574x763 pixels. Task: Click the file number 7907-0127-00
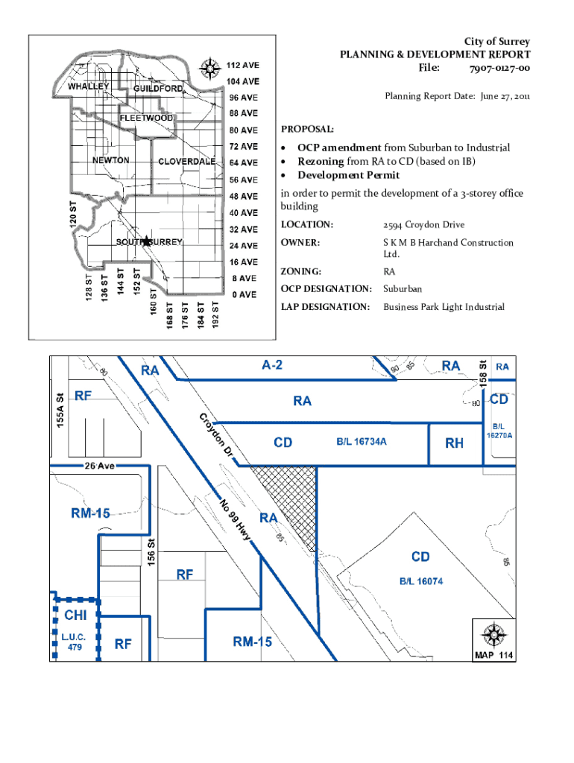click(x=499, y=69)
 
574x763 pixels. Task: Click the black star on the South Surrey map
click(x=146, y=241)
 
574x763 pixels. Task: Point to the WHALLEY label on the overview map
click(x=89, y=86)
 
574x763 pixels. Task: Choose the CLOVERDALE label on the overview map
click(x=187, y=162)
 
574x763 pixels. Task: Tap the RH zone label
click(x=454, y=443)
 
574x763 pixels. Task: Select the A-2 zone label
click(x=272, y=365)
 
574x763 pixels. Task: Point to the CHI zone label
click(x=75, y=615)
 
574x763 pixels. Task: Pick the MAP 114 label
click(x=493, y=656)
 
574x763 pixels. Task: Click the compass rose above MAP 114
click(x=493, y=635)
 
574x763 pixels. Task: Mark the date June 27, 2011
click(x=495, y=96)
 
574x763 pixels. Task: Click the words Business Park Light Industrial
click(x=444, y=307)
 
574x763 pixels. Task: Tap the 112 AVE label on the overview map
click(x=243, y=65)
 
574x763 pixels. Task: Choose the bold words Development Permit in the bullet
click(x=349, y=175)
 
